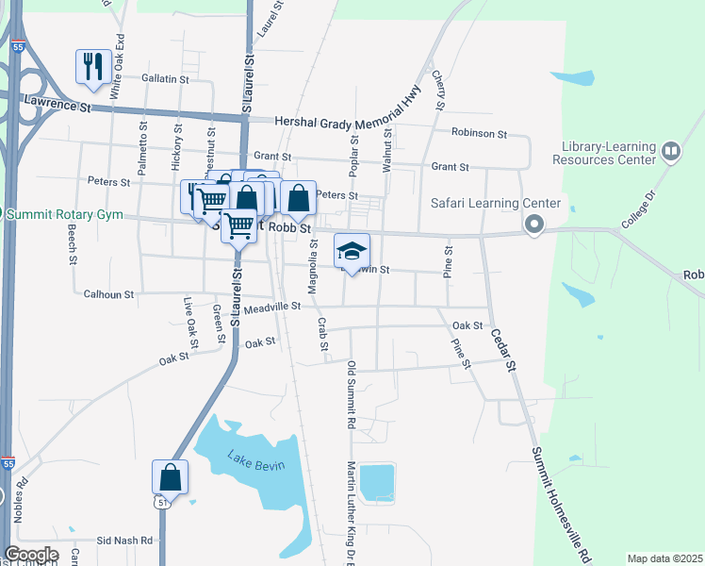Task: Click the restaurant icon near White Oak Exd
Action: click(x=90, y=66)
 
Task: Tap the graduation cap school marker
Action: click(x=352, y=251)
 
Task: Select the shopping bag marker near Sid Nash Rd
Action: click(x=170, y=476)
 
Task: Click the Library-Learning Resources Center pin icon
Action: click(x=670, y=150)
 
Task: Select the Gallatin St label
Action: click(x=166, y=78)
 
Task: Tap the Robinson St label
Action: click(x=479, y=134)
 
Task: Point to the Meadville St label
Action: click(x=271, y=307)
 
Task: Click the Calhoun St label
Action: click(x=109, y=294)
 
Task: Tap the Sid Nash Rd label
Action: click(x=127, y=541)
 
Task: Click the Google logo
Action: click(x=31, y=555)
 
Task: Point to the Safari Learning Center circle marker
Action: click(x=535, y=225)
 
